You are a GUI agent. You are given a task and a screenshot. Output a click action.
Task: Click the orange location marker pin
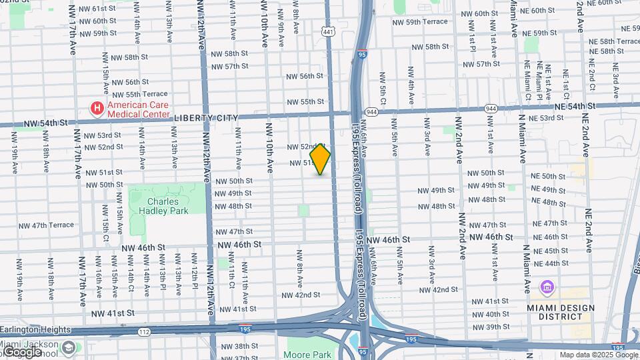click(x=320, y=159)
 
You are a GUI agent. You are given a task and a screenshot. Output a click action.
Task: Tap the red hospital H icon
click(x=97, y=108)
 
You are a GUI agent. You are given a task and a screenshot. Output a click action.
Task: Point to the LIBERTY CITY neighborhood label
click(x=206, y=118)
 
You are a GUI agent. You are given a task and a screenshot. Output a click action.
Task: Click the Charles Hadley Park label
click(x=168, y=206)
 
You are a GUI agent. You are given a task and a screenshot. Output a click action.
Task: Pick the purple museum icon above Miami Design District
click(x=547, y=289)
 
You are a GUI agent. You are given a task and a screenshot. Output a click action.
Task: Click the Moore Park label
click(x=307, y=355)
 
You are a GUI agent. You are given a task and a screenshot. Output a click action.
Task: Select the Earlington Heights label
click(x=35, y=329)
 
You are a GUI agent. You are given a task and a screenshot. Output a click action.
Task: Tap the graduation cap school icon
click(x=69, y=347)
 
